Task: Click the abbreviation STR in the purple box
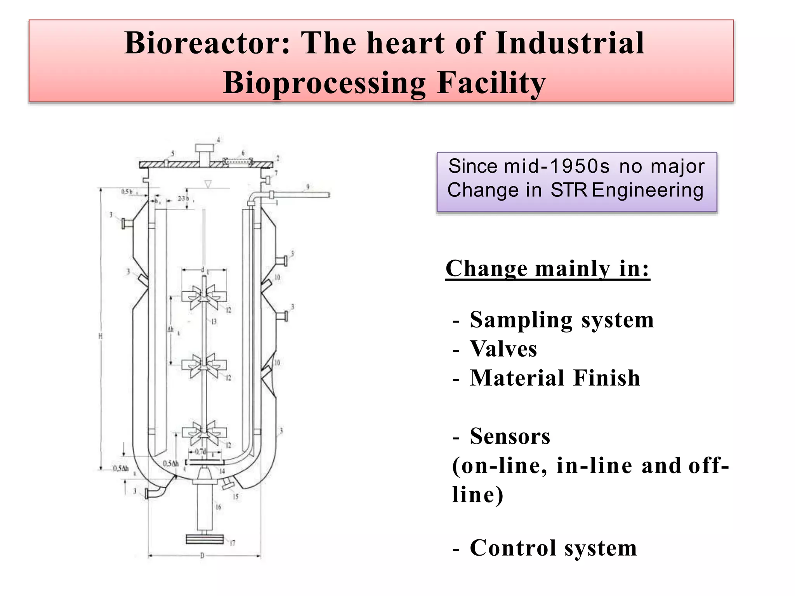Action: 569,190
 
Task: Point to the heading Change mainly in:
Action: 547,269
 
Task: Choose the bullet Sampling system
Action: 561,320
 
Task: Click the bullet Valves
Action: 503,349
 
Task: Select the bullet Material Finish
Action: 555,378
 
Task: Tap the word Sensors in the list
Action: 510,436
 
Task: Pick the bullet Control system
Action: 553,548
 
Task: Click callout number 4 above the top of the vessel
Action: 218,140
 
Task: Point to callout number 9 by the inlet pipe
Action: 308,187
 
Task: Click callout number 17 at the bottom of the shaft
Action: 232,543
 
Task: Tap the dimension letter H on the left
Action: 100,336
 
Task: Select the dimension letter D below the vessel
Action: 202,556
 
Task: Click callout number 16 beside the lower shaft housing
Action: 218,507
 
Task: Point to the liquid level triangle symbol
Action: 208,184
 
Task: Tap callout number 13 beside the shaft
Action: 214,322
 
